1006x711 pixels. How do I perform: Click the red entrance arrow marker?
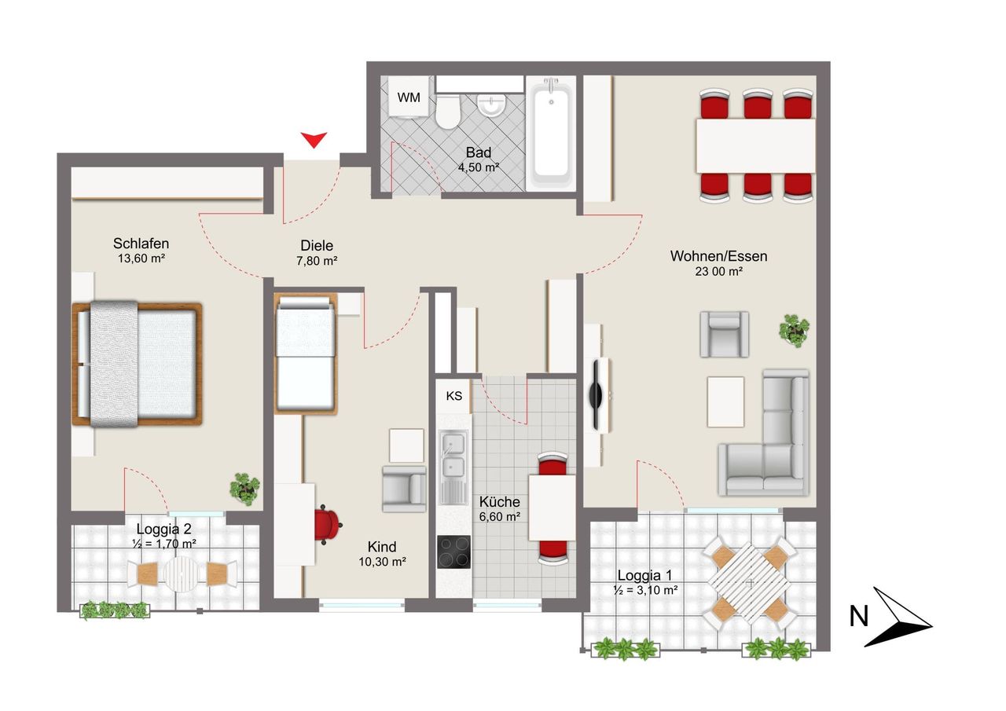pos(314,140)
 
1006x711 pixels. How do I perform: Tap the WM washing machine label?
pos(409,97)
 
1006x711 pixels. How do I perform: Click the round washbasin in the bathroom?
pos(491,105)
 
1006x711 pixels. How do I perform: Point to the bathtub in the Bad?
pos(551,134)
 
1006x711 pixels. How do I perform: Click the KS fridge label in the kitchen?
pos(454,396)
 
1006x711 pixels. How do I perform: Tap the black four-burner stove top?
pos(453,552)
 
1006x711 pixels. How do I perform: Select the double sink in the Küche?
pos(453,467)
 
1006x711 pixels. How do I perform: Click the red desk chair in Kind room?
pos(328,525)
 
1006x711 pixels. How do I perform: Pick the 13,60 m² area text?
pos(141,258)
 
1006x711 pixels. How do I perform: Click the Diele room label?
pos(317,246)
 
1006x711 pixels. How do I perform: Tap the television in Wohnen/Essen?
pos(597,395)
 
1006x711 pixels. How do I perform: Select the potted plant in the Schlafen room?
pos(244,489)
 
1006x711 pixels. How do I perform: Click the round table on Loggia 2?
pos(181,574)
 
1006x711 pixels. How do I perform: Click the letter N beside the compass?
pos(859,616)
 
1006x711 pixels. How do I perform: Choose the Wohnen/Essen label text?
pos(718,256)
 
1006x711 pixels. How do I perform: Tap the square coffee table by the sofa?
pos(725,401)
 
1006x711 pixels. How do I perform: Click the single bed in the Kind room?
pos(306,354)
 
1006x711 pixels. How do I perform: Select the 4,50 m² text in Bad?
pos(479,167)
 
